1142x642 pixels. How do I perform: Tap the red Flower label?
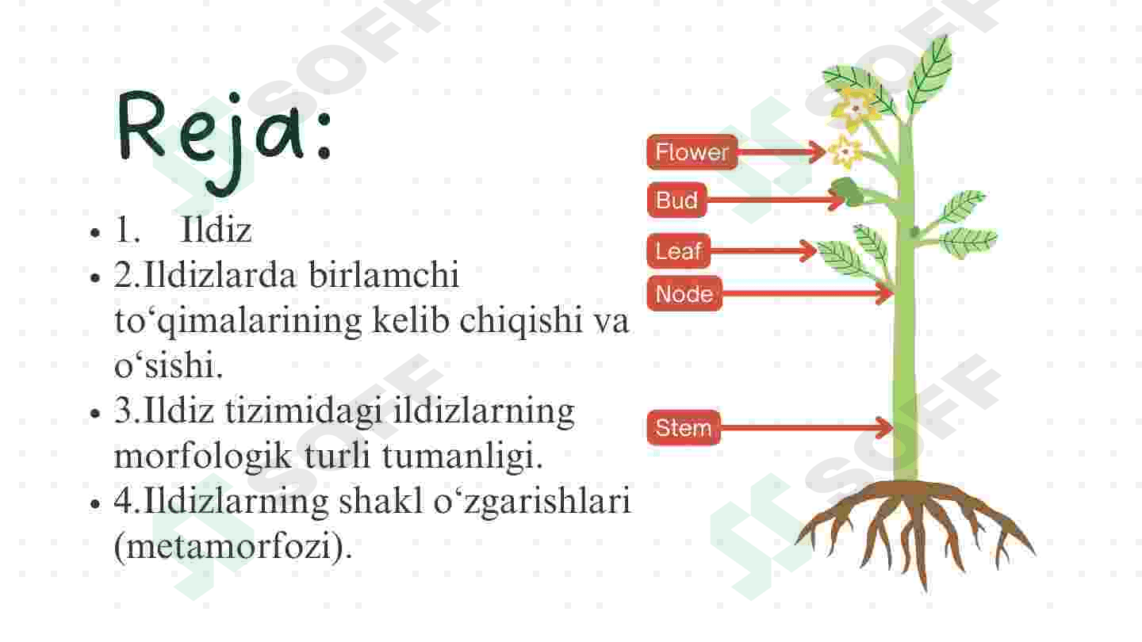click(x=692, y=152)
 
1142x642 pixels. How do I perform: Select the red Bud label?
click(x=676, y=200)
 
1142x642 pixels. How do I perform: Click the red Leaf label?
click(x=679, y=250)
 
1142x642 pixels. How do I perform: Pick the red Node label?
click(x=684, y=293)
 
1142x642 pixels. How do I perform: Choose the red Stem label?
click(x=683, y=427)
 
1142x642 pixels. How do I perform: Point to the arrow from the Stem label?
click(x=807, y=427)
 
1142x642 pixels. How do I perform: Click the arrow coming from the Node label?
click(x=807, y=293)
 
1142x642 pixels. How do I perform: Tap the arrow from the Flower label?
click(x=782, y=152)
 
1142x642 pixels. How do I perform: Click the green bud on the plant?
click(x=847, y=191)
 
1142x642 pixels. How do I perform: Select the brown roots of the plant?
click(x=915, y=530)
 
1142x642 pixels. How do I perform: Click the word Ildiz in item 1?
click(x=217, y=230)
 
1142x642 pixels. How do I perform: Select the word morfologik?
click(x=202, y=456)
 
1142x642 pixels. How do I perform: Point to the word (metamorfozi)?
click(x=233, y=547)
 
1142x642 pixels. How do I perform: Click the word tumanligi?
click(x=462, y=456)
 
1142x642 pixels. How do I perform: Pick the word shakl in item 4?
click(x=381, y=502)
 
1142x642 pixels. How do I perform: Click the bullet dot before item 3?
click(x=95, y=413)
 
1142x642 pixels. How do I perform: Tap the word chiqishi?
click(x=520, y=322)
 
